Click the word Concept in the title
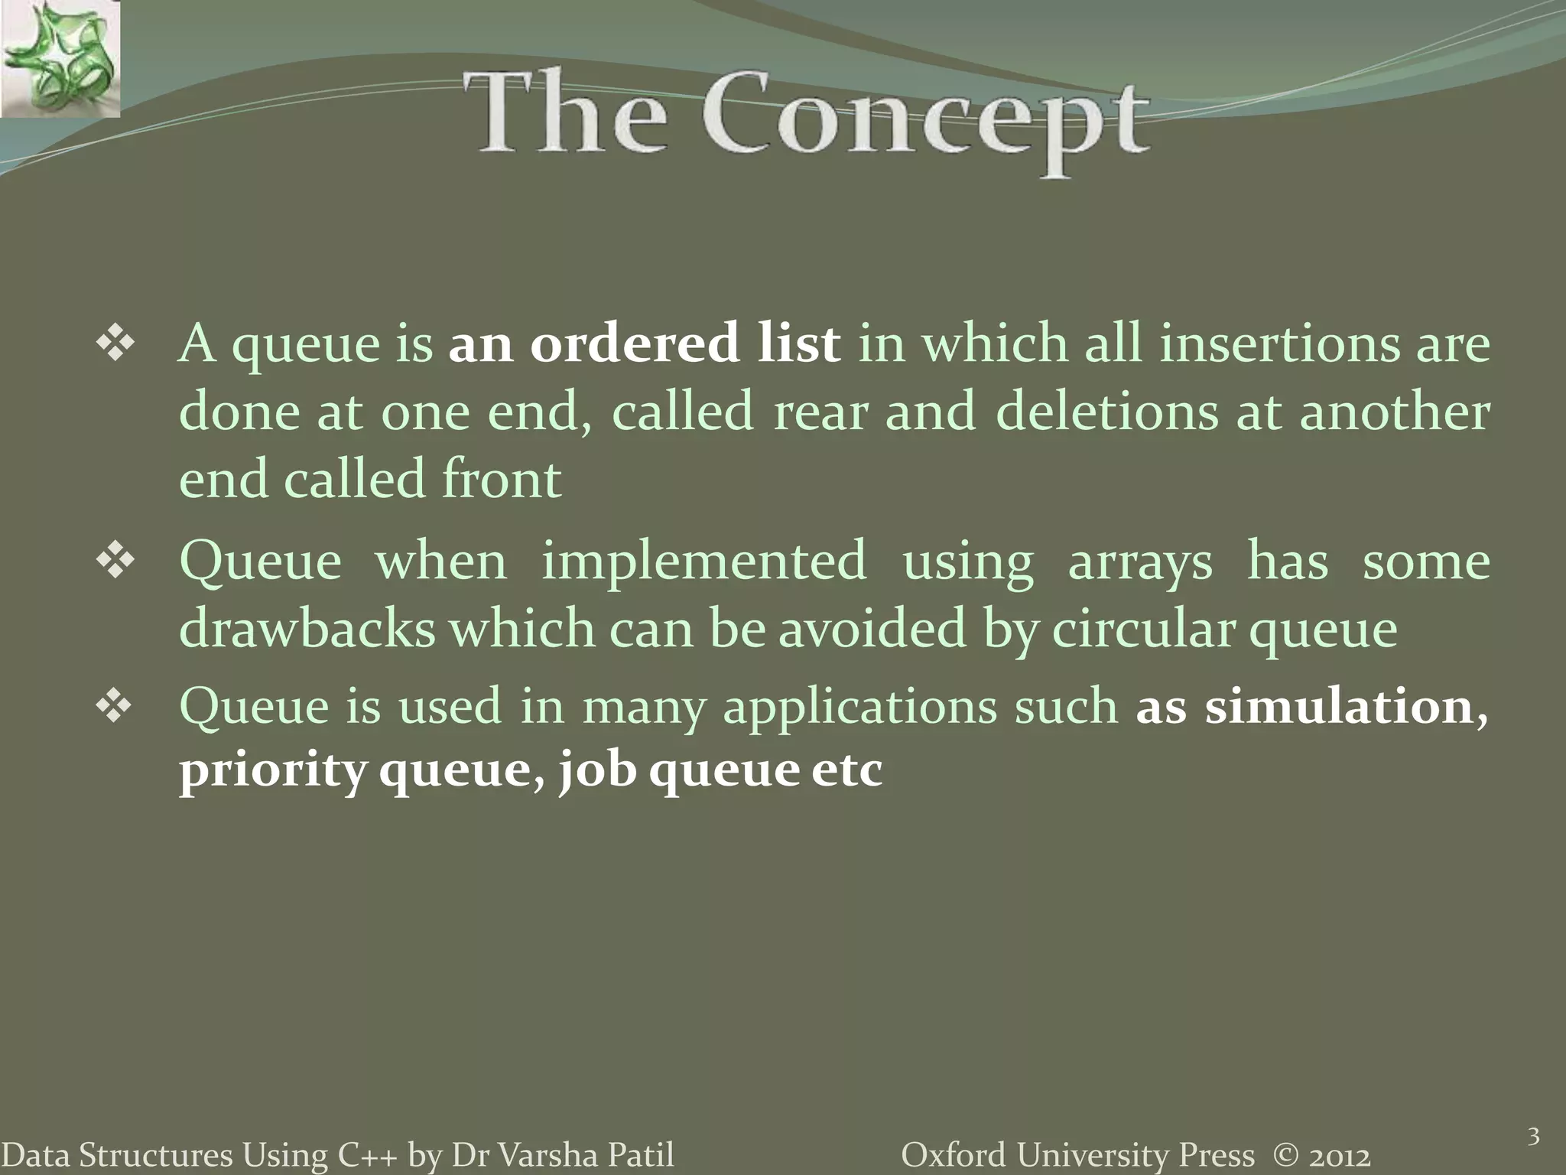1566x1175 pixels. [x=925, y=122]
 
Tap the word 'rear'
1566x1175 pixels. [x=820, y=411]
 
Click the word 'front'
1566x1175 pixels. [x=502, y=479]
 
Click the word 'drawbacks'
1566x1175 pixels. [x=307, y=629]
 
